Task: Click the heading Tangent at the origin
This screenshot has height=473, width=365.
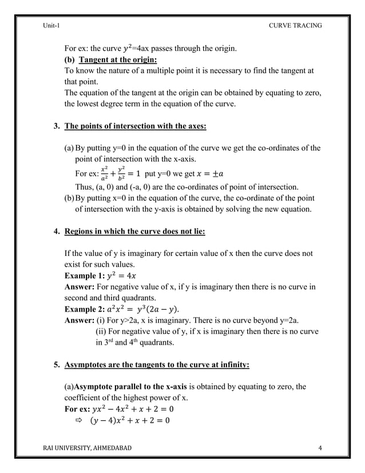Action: [x=118, y=60]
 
